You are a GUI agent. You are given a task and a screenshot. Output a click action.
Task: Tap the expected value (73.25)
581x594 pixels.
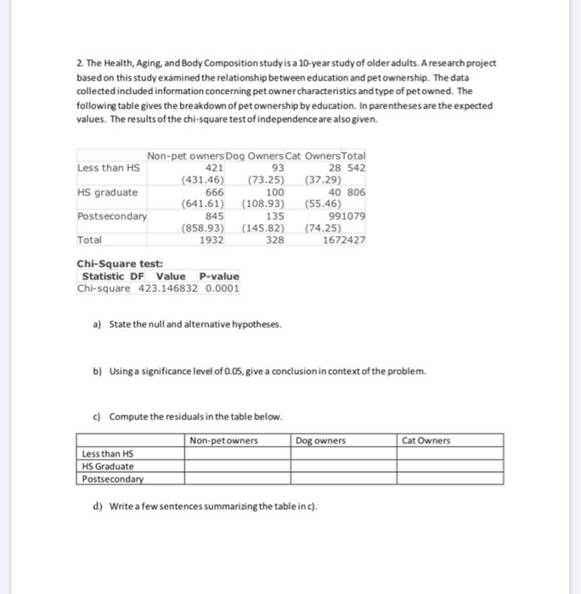click(265, 180)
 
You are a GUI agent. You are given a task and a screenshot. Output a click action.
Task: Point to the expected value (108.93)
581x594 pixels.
click(262, 204)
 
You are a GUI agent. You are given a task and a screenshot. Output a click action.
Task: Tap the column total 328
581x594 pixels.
click(274, 239)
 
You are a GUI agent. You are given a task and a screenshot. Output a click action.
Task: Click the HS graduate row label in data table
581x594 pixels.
click(107, 192)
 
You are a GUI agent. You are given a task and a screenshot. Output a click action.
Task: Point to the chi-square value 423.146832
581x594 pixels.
click(169, 288)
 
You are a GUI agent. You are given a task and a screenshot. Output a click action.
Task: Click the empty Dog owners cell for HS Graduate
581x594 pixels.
click(344, 466)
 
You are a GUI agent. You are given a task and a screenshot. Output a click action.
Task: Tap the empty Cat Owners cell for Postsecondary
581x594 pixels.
click(450, 478)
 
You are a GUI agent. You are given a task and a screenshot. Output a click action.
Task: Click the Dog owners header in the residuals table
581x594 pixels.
click(321, 440)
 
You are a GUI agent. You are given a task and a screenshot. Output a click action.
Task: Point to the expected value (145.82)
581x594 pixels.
click(262, 227)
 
